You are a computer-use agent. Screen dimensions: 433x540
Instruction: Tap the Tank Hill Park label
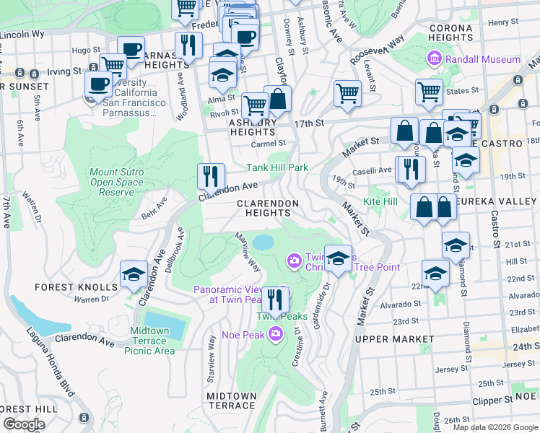[277, 167]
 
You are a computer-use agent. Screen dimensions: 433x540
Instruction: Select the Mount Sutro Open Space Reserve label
[121, 183]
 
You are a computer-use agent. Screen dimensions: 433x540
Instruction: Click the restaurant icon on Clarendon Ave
[211, 175]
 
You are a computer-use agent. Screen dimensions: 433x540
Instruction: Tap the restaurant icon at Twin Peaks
[275, 298]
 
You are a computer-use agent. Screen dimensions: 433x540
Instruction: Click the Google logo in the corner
[23, 424]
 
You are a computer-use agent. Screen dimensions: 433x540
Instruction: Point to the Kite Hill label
[380, 201]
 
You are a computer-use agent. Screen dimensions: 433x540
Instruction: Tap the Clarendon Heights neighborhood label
[268, 208]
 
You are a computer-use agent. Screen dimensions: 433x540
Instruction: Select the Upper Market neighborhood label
[395, 338]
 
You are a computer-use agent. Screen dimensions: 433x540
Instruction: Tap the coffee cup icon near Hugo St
[131, 49]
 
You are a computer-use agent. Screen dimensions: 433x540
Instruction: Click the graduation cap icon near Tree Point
[338, 258]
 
